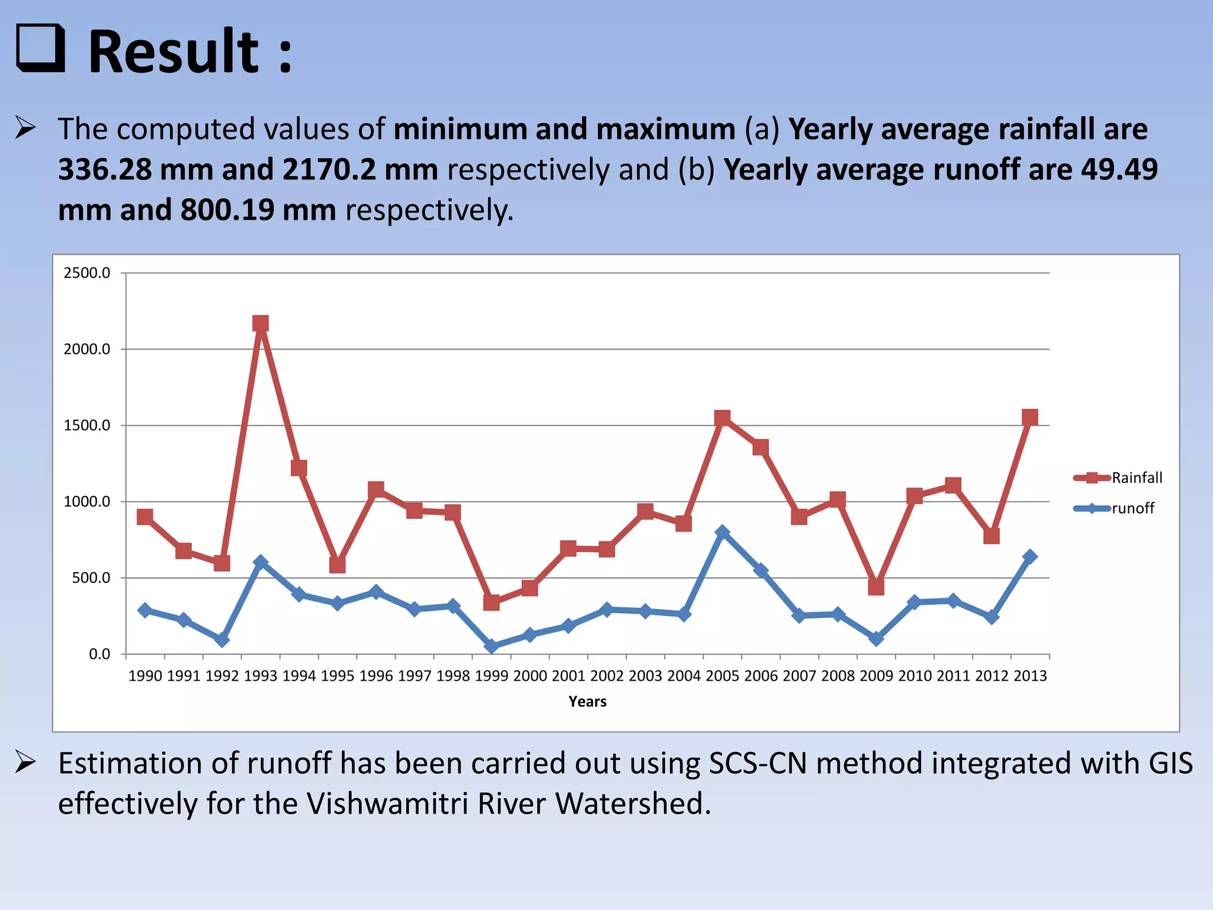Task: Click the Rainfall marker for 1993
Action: click(261, 323)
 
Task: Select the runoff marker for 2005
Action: click(722, 532)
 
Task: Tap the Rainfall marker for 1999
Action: click(491, 603)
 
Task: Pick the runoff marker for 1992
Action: click(222, 639)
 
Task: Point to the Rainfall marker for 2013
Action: click(1029, 417)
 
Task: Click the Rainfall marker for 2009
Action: click(876, 587)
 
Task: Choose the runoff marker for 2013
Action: click(1029, 556)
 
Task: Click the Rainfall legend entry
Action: click(1137, 478)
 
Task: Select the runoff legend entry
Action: click(1132, 508)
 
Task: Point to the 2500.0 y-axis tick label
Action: click(87, 273)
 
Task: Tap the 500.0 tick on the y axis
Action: click(91, 578)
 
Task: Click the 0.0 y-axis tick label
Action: click(100, 654)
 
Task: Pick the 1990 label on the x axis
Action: click(145, 676)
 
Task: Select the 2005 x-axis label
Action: click(722, 676)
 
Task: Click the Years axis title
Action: click(588, 701)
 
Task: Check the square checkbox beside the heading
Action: click(40, 48)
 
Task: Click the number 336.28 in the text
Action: click(104, 170)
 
